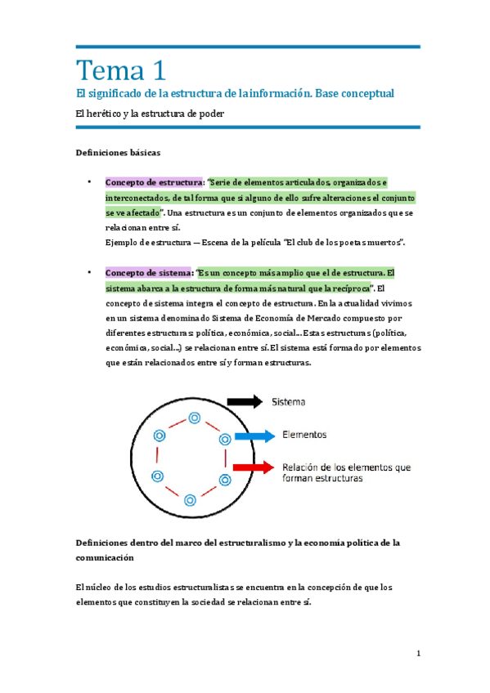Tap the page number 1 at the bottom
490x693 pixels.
(418, 653)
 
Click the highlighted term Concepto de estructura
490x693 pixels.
(154, 181)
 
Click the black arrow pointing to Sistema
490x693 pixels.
(243, 401)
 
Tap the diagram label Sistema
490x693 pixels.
(290, 401)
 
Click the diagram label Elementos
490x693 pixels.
(304, 435)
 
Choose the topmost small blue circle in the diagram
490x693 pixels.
(194, 418)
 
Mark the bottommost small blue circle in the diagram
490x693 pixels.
(190, 499)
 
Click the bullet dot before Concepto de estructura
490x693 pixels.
(88, 181)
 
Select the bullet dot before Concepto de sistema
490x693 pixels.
(88, 272)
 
